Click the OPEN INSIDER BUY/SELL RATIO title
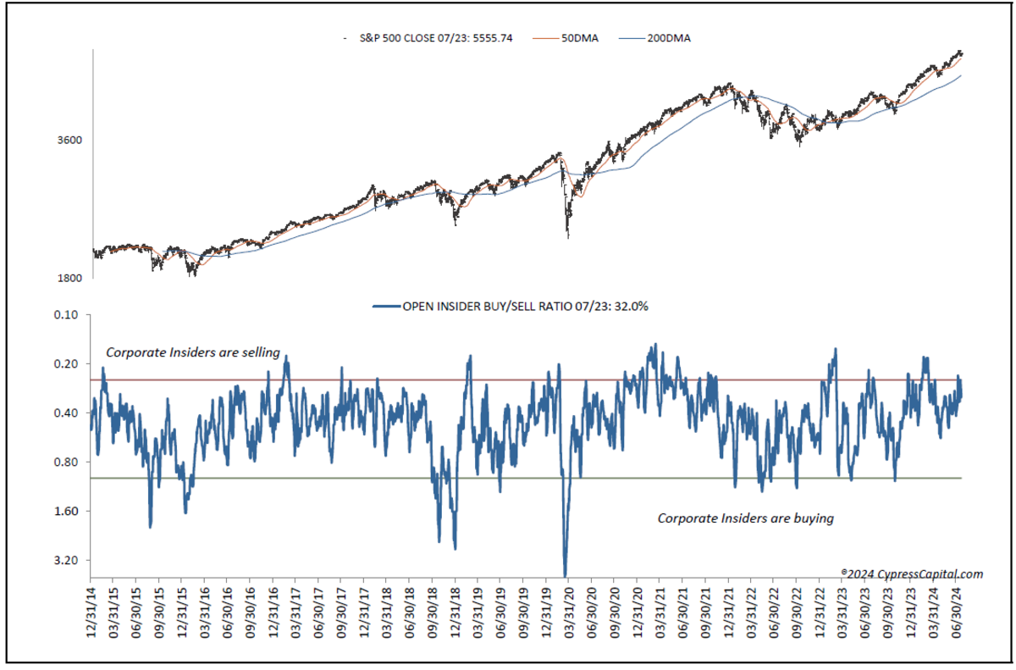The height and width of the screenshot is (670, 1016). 525,307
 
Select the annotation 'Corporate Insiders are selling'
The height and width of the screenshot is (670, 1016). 192,352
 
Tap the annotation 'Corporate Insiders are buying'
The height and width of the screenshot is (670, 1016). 746,518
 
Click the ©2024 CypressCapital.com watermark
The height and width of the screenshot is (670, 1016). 912,573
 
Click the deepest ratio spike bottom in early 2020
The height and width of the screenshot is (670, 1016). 565,575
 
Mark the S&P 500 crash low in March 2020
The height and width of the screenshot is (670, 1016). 566,236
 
